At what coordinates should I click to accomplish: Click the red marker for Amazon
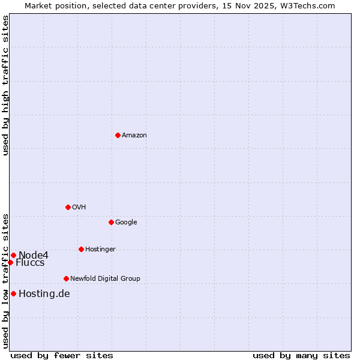tap(118, 135)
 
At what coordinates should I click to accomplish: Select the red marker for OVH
tap(68, 207)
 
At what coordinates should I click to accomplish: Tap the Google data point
tap(111, 222)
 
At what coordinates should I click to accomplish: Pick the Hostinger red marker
tap(81, 249)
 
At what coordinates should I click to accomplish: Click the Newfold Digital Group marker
tap(66, 278)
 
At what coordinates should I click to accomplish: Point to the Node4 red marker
tap(13, 255)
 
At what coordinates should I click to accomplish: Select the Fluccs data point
tap(10, 262)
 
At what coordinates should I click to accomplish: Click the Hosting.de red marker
tap(13, 293)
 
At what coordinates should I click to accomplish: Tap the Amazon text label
tap(134, 136)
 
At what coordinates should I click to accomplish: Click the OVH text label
tap(79, 208)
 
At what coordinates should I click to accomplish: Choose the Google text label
tap(126, 223)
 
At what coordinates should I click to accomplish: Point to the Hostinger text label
tap(100, 250)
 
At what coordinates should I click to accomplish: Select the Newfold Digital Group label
tap(105, 279)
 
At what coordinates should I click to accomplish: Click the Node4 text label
tap(34, 256)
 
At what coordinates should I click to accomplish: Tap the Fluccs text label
tap(30, 263)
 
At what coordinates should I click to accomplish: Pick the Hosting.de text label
tap(44, 294)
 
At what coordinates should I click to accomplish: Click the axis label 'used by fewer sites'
tap(62, 355)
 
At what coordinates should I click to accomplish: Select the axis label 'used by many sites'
tap(301, 355)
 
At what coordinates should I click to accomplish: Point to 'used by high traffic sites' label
tap(6, 85)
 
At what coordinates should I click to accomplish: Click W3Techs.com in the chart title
tap(305, 5)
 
